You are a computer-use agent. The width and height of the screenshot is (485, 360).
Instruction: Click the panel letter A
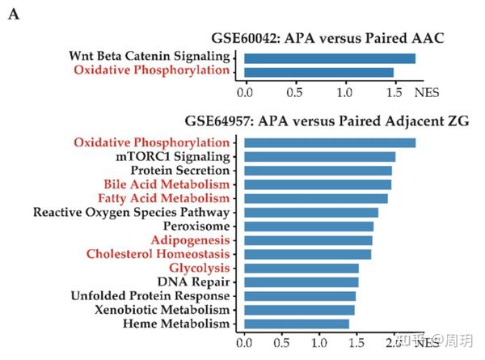click(x=14, y=15)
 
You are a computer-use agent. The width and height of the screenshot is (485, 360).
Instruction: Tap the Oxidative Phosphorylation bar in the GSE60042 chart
click(x=318, y=72)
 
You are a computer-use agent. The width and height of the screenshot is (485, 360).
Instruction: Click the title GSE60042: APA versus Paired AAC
click(x=327, y=38)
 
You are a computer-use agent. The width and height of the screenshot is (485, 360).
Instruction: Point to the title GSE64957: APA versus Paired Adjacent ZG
click(x=327, y=122)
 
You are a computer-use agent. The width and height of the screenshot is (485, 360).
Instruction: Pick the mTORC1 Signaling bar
click(x=319, y=156)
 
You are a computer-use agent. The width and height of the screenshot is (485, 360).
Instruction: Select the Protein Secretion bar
click(x=318, y=171)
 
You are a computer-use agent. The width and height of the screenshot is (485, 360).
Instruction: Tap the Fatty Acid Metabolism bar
click(x=315, y=198)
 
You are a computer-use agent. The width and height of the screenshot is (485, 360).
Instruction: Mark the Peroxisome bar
click(x=309, y=226)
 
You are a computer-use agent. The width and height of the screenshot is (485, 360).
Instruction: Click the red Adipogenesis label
click(x=190, y=240)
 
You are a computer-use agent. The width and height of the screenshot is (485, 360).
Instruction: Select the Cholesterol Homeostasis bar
click(x=307, y=254)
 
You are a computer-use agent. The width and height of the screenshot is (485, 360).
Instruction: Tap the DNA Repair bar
click(x=301, y=282)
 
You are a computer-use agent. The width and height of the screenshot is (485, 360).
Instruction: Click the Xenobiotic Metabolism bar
click(x=299, y=309)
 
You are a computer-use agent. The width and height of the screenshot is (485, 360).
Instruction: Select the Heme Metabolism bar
click(x=296, y=324)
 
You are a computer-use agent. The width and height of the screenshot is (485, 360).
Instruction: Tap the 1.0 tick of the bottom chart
click(x=319, y=343)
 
